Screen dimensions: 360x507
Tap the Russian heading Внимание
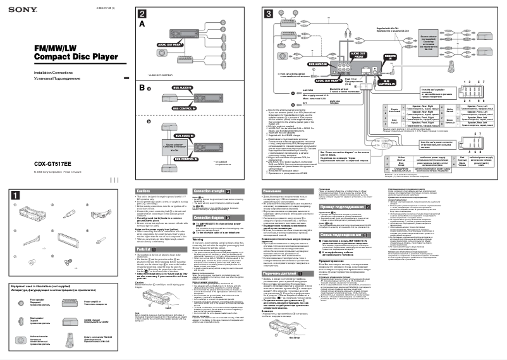click(x=273, y=190)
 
